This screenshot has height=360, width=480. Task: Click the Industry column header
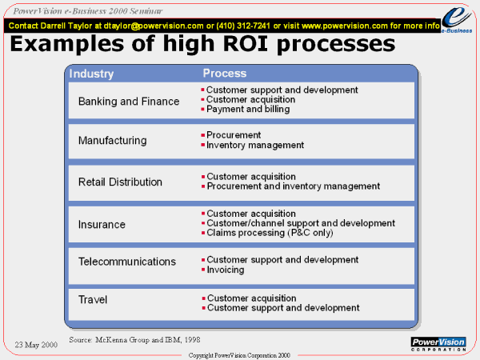click(91, 74)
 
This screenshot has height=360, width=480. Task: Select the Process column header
click(225, 73)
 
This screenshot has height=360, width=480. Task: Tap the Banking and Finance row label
click(129, 102)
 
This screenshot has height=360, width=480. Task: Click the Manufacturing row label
click(112, 141)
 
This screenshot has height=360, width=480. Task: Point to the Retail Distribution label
click(120, 182)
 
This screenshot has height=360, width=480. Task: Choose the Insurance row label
click(102, 224)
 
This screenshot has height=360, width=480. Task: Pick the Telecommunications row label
click(127, 262)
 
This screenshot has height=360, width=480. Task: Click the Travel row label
click(93, 299)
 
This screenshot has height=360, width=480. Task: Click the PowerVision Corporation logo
click(438, 344)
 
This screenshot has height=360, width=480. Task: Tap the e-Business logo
click(457, 20)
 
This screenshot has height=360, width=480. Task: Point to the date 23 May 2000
click(36, 345)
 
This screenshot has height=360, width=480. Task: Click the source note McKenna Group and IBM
click(134, 340)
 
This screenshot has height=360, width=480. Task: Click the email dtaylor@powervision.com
click(154, 26)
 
